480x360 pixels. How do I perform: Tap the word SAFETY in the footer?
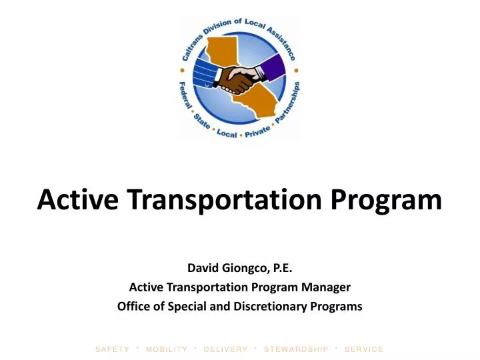(x=112, y=349)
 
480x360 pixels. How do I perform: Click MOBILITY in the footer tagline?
(x=167, y=349)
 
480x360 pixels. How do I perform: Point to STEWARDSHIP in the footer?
(x=296, y=349)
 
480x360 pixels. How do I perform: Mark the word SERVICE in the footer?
(x=364, y=349)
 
